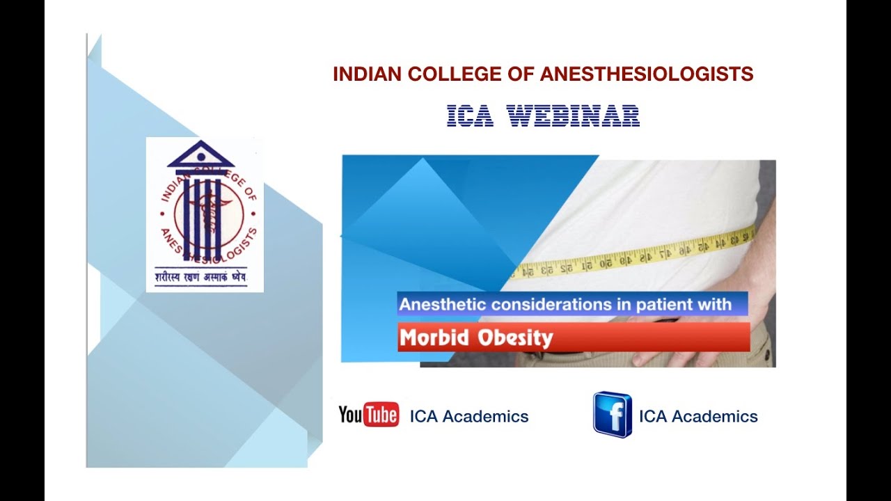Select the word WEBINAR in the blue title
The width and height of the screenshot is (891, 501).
[x=573, y=116]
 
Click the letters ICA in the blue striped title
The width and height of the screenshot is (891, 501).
[x=470, y=116]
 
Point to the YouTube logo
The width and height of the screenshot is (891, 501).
[x=368, y=415]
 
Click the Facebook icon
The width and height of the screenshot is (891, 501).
[x=612, y=415]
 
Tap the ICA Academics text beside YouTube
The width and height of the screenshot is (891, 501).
[x=469, y=417]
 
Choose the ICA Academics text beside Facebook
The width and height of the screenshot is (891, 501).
[x=698, y=417]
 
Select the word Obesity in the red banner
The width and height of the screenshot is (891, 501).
[x=516, y=338]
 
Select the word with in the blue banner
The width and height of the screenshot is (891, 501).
[x=716, y=304]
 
